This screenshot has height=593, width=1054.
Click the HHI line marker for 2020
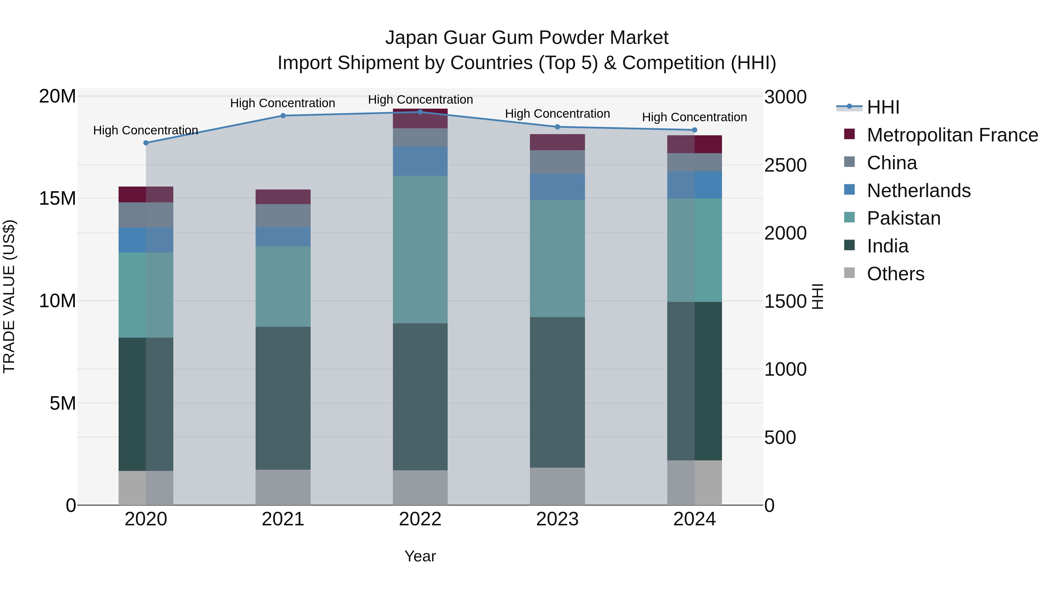click(146, 143)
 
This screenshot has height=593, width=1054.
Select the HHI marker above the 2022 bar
click(420, 112)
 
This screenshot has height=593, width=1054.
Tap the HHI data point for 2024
click(694, 130)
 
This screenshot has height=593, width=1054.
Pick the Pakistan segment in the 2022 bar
click(420, 249)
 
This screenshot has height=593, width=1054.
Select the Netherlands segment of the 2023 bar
click(557, 187)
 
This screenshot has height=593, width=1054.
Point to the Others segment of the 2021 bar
click(283, 487)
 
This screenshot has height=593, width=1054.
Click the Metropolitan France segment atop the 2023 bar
click(557, 142)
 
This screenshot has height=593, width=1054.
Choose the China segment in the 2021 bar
click(283, 216)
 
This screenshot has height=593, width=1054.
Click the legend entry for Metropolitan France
click(952, 135)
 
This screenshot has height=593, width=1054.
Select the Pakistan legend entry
click(904, 218)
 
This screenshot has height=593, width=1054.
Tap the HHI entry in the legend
click(883, 107)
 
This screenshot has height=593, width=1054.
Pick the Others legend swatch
click(849, 273)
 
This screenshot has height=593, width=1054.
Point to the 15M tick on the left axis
click(57, 199)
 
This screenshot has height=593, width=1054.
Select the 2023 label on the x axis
click(557, 519)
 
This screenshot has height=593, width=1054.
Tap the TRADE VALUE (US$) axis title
click(9, 296)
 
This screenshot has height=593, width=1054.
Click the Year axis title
click(420, 556)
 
